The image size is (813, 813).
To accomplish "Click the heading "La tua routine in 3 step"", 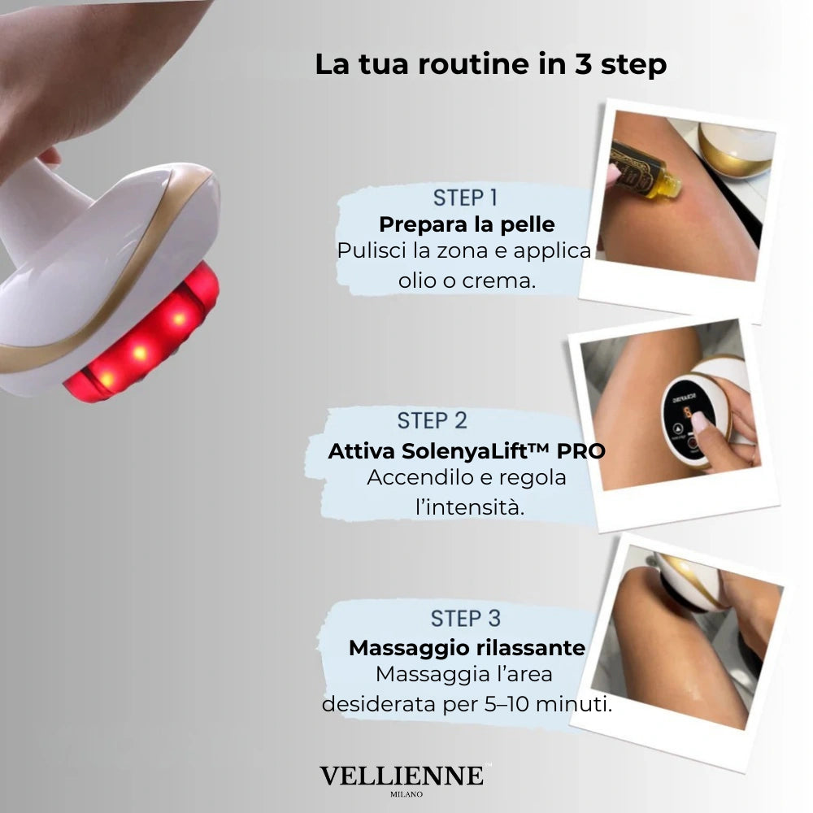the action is pos(490,64).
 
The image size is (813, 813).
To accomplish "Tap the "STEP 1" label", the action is pos(465,198).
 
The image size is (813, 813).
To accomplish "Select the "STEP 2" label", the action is pos(432,420).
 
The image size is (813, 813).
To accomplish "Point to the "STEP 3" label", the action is pos(466,619).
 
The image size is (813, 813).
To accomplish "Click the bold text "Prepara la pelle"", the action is pos(467,224).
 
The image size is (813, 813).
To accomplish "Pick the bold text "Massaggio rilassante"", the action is pos(467,648).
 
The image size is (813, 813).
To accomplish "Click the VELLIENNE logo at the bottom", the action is pos(402,776).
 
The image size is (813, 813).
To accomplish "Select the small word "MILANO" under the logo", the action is pos(406,793).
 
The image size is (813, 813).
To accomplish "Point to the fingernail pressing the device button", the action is pos(700,421).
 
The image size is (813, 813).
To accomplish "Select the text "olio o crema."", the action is pos(467,280).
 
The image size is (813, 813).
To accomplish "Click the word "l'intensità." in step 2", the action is pos(470,507).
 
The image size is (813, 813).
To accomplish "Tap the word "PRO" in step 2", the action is pos(580,451).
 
